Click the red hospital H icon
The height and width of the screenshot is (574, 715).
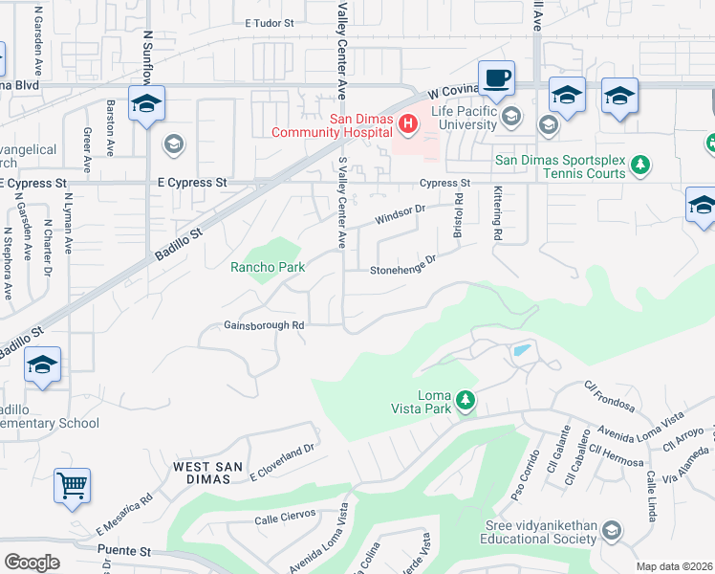tap(408, 123)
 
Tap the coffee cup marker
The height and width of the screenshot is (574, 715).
tap(496, 77)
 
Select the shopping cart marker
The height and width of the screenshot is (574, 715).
tap(72, 485)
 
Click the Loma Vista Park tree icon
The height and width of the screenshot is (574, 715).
tap(465, 400)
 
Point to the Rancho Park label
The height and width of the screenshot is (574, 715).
tap(268, 267)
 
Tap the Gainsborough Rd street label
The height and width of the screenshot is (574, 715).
tap(264, 325)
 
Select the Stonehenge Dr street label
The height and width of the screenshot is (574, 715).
tap(402, 265)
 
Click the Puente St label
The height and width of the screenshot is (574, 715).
tap(125, 551)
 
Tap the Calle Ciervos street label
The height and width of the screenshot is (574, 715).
tap(285, 520)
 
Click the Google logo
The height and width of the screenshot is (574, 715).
tap(32, 563)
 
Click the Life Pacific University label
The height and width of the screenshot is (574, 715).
tap(464, 118)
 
